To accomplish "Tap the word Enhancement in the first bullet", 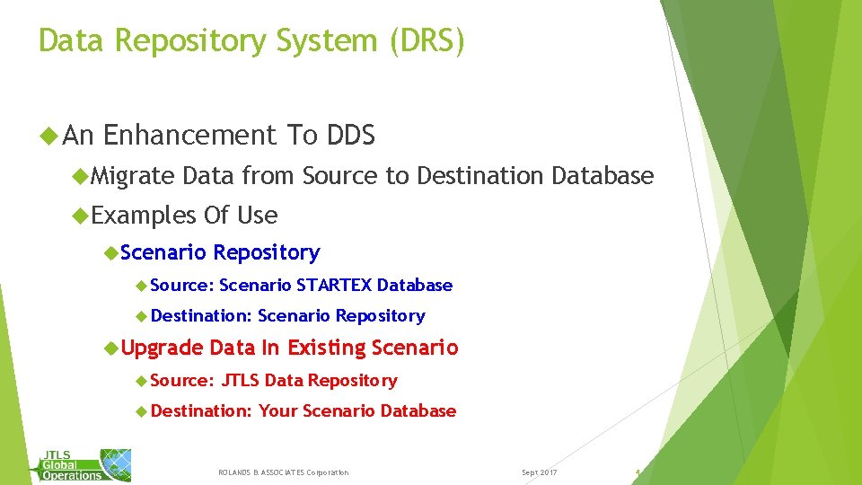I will [189, 136].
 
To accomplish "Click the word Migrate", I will [133, 176].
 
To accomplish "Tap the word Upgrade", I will [162, 348].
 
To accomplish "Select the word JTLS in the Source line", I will [240, 381].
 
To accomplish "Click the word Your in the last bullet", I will [277, 411].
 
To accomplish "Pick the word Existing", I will [327, 348].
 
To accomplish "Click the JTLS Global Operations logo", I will [85, 463].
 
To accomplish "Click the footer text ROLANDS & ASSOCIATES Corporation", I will [284, 472].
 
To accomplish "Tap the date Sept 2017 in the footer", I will [540, 472].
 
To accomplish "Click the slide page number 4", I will [637, 472].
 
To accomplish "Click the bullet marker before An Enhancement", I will [48, 136].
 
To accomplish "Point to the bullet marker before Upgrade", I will [110, 348].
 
